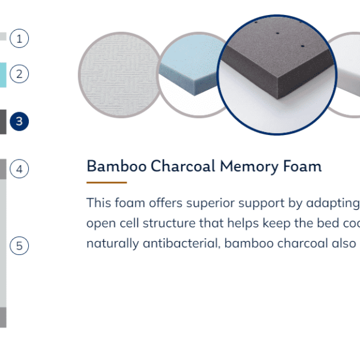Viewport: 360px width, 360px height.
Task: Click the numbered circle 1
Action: click(19, 38)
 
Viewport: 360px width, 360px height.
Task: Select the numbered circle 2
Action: click(19, 74)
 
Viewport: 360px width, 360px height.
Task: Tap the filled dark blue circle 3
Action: click(19, 121)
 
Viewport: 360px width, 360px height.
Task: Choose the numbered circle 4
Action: click(19, 169)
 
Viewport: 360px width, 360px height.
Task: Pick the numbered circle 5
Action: click(19, 245)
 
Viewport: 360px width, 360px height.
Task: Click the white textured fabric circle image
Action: click(119, 75)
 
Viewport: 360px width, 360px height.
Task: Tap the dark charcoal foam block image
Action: click(277, 75)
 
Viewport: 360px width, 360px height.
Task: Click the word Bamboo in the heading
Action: click(116, 166)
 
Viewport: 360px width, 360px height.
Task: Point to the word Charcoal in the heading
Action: click(183, 166)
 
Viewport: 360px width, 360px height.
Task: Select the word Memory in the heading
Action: click(249, 167)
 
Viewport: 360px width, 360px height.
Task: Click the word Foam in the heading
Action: click(302, 166)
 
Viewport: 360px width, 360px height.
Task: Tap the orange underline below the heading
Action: click(107, 182)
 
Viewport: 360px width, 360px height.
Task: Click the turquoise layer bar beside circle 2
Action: click(3, 75)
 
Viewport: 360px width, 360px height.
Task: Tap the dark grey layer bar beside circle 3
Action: click(3, 122)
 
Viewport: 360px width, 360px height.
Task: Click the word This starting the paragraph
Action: click(99, 203)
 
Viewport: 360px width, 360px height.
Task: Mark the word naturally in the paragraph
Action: click(113, 244)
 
